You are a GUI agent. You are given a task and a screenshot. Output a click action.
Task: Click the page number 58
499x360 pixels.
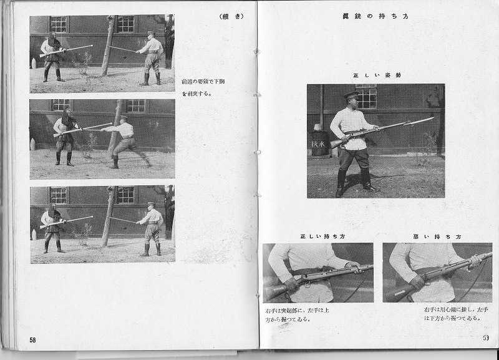(x=32, y=339)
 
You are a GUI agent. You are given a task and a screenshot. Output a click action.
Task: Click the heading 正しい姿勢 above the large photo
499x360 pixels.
(x=376, y=75)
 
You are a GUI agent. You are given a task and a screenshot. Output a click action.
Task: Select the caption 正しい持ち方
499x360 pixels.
(x=318, y=236)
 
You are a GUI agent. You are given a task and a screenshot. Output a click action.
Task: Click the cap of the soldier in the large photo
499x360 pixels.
(x=352, y=95)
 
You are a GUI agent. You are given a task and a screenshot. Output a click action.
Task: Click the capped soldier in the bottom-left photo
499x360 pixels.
(x=150, y=228)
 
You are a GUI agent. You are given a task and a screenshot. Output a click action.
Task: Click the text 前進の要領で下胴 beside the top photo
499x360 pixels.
(x=205, y=81)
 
